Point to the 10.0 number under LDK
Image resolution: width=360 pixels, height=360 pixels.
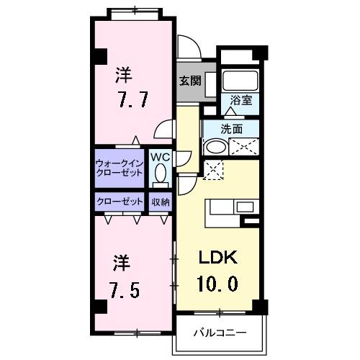(x=217, y=283)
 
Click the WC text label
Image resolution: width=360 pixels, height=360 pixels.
(x=159, y=156)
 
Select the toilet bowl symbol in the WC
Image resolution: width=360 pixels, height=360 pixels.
(x=160, y=173)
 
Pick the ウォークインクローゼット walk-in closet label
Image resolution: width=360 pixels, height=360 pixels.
(x=120, y=168)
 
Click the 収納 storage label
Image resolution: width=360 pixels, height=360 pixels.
(x=160, y=202)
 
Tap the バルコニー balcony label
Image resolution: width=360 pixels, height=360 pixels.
(x=221, y=333)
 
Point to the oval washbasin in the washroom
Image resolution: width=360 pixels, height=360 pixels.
(x=215, y=148)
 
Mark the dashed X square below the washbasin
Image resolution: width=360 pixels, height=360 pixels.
(x=214, y=170)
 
